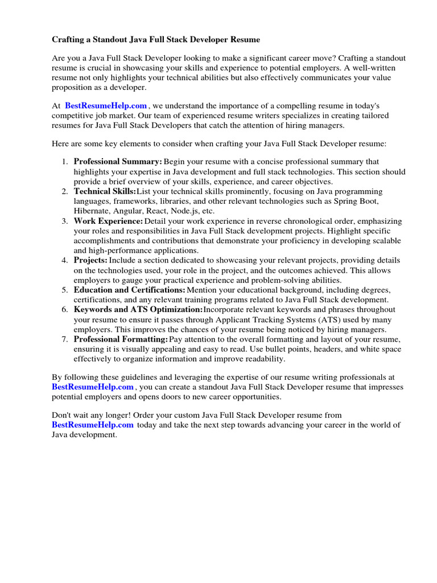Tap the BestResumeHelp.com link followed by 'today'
(93, 425)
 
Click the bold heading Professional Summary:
(118, 162)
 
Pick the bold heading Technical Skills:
(105, 191)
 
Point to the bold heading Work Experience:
(108, 221)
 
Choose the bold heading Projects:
(90, 260)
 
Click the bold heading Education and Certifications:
(130, 290)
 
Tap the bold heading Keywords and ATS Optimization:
(138, 309)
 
